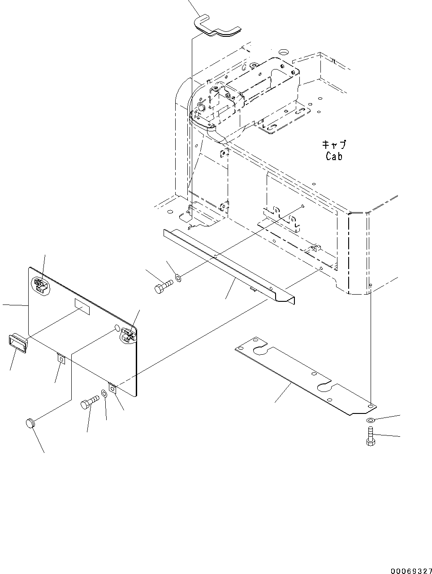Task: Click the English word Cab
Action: tap(334, 157)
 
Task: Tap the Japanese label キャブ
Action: tap(334, 145)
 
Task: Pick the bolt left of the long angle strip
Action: tap(164, 287)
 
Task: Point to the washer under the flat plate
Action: tap(371, 420)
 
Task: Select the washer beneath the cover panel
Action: tap(104, 394)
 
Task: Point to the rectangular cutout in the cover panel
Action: tap(82, 307)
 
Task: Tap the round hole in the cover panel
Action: tap(117, 329)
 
